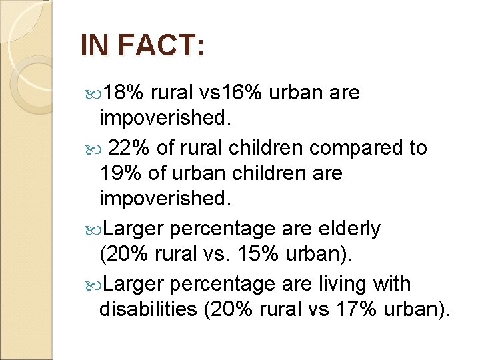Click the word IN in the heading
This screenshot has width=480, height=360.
[x=93, y=47]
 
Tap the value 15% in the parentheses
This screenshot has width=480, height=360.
[x=261, y=255]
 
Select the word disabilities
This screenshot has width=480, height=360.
[x=150, y=310]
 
